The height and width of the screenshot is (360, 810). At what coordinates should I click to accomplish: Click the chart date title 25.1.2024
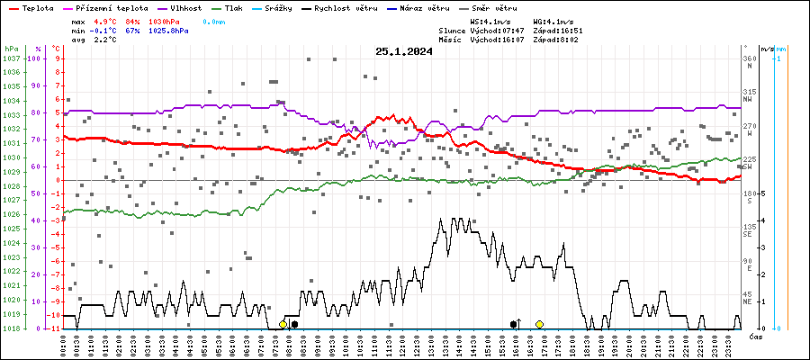(404, 52)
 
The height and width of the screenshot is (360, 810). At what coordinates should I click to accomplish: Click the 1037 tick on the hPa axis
(12, 58)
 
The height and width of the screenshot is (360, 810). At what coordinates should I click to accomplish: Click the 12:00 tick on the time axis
(401, 345)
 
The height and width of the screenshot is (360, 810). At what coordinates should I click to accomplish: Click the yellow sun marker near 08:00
(283, 324)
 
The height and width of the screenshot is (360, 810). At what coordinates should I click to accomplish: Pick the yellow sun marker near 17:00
(539, 324)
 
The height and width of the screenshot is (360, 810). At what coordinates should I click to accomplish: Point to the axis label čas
(756, 337)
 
